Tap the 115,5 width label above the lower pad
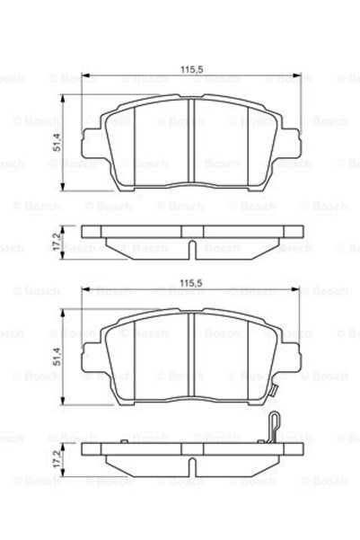(189, 283)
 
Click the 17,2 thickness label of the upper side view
(57, 240)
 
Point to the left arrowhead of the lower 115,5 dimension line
(85, 290)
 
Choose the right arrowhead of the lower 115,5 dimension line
(292, 290)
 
